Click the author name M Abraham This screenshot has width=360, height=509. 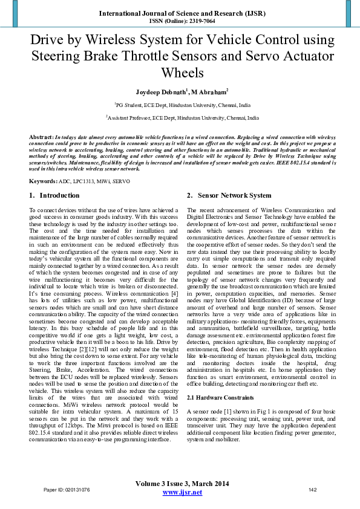click(x=209, y=92)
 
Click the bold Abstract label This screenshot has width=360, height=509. click(x=41, y=138)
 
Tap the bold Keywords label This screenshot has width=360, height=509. click(x=44, y=181)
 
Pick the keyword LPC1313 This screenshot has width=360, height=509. click(x=87, y=181)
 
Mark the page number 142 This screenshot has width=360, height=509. click(x=313, y=490)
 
